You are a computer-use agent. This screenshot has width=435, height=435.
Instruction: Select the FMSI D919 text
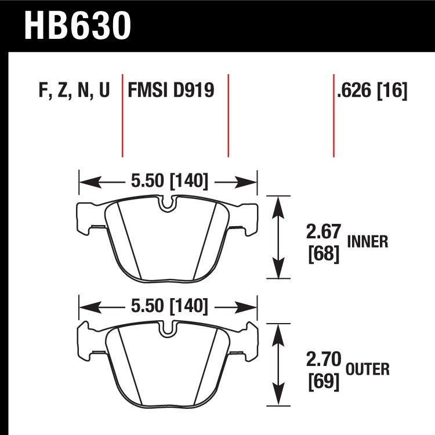point(171,91)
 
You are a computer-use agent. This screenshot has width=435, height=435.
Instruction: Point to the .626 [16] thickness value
point(371,91)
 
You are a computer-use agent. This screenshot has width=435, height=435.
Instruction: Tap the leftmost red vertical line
point(122,116)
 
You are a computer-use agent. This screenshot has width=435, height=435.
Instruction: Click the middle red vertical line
point(228,116)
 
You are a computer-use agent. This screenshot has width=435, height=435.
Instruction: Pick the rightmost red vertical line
point(333,116)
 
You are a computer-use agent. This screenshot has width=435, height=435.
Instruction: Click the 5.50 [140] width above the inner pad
point(169,182)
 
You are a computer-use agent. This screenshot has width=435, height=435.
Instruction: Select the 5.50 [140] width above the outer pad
point(169,306)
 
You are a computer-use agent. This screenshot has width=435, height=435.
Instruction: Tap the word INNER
point(367,242)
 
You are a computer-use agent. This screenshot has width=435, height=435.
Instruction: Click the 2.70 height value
point(322,360)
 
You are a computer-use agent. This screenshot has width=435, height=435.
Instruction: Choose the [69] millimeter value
point(322,381)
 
